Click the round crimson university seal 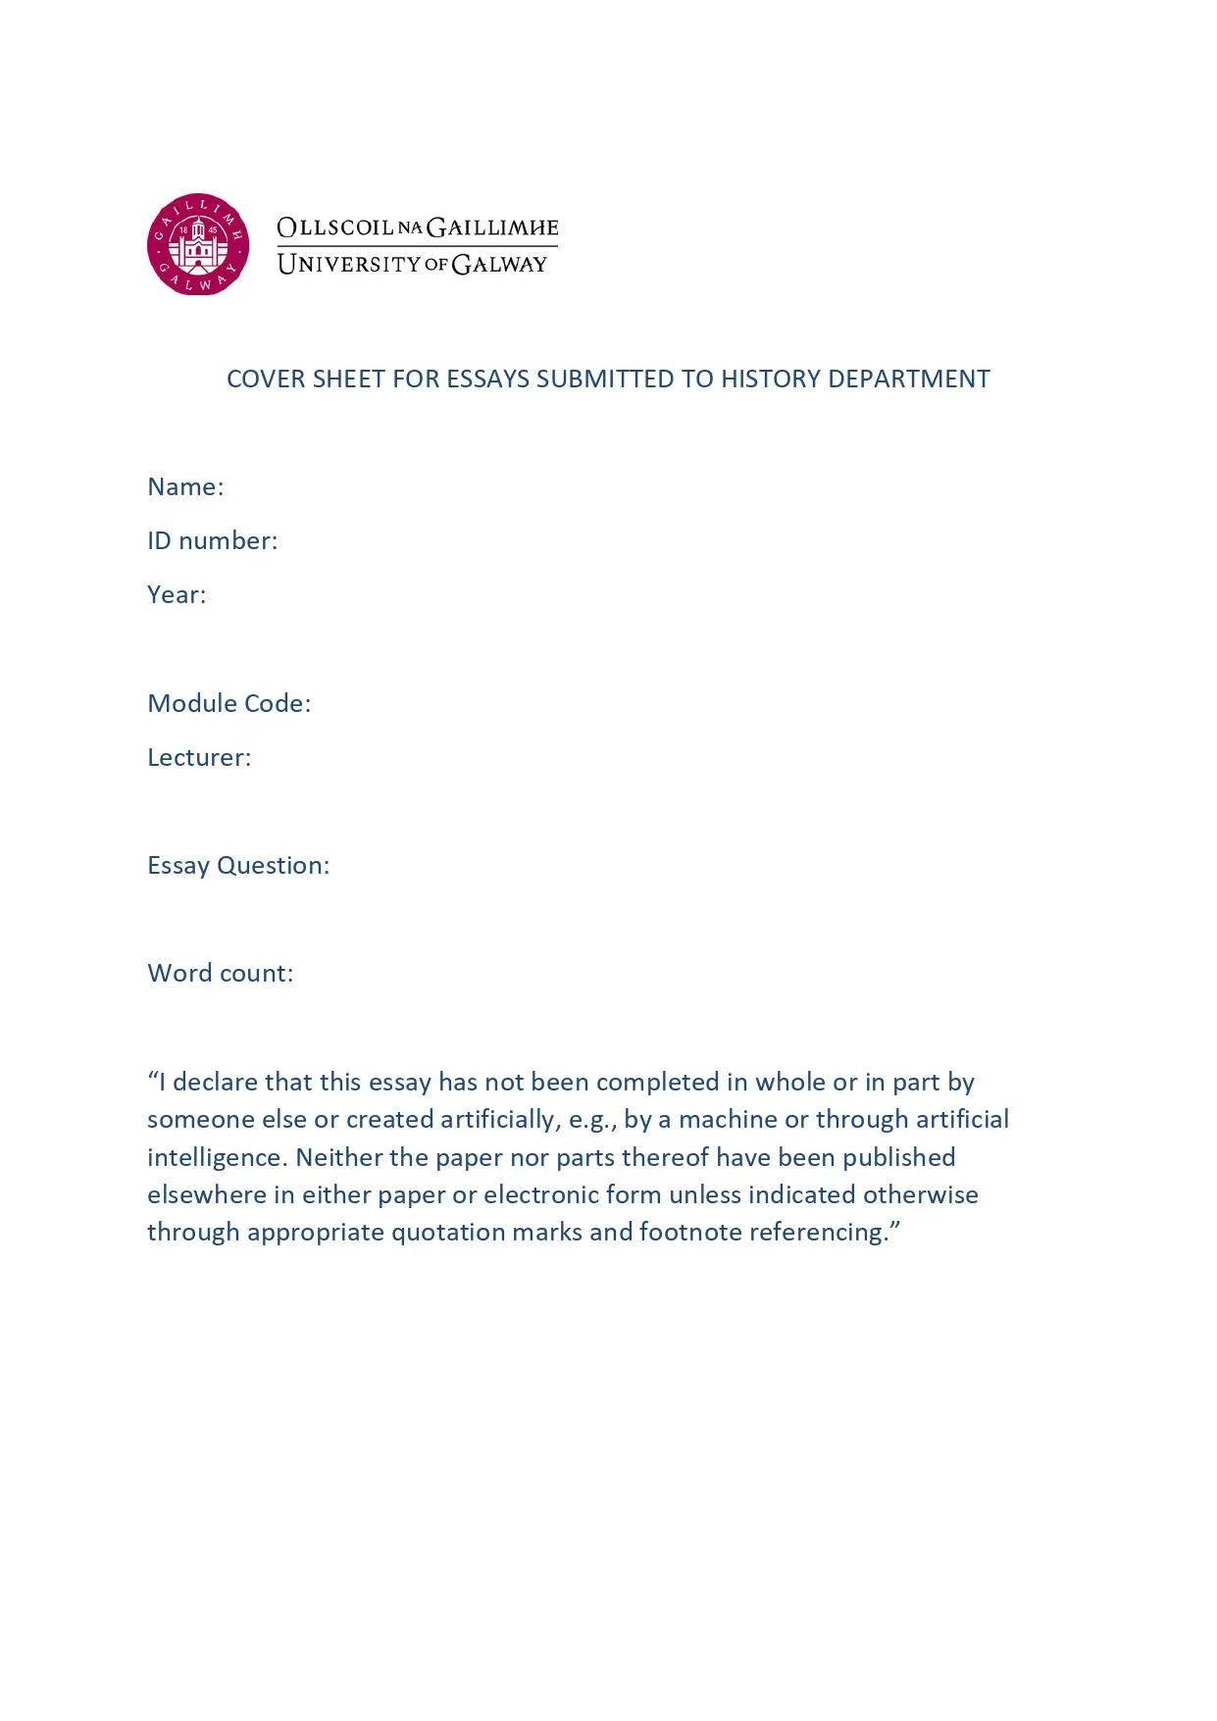click(x=198, y=244)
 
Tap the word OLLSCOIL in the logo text click(x=335, y=228)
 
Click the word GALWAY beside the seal click(x=499, y=264)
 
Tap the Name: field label click(x=185, y=487)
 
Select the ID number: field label click(x=212, y=541)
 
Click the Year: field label click(x=177, y=595)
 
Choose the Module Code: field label click(x=228, y=703)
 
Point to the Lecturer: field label click(x=199, y=757)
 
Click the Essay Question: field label click(x=238, y=865)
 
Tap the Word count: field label click(x=220, y=973)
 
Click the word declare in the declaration click(x=215, y=1082)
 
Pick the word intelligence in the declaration click(x=217, y=1157)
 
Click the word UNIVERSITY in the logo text click(x=349, y=264)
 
